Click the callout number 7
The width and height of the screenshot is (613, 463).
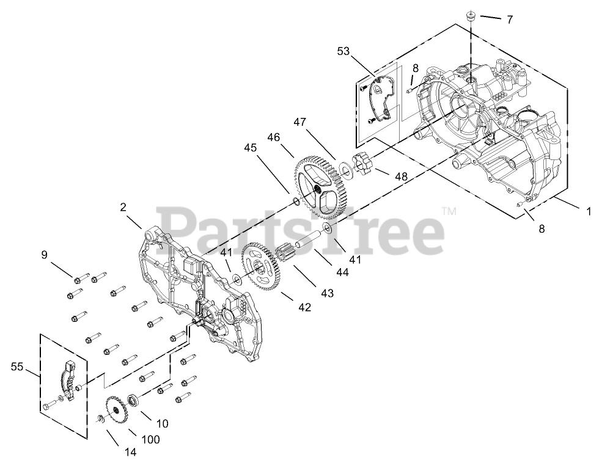point(509,20)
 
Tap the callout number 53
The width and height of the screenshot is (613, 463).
point(343,51)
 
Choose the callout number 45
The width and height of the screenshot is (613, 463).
point(251,147)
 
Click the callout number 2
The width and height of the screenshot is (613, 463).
point(123,207)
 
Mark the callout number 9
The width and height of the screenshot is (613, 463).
point(44,255)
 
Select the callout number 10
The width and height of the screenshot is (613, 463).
point(162,423)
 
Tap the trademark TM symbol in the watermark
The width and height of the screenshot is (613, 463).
point(449,211)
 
